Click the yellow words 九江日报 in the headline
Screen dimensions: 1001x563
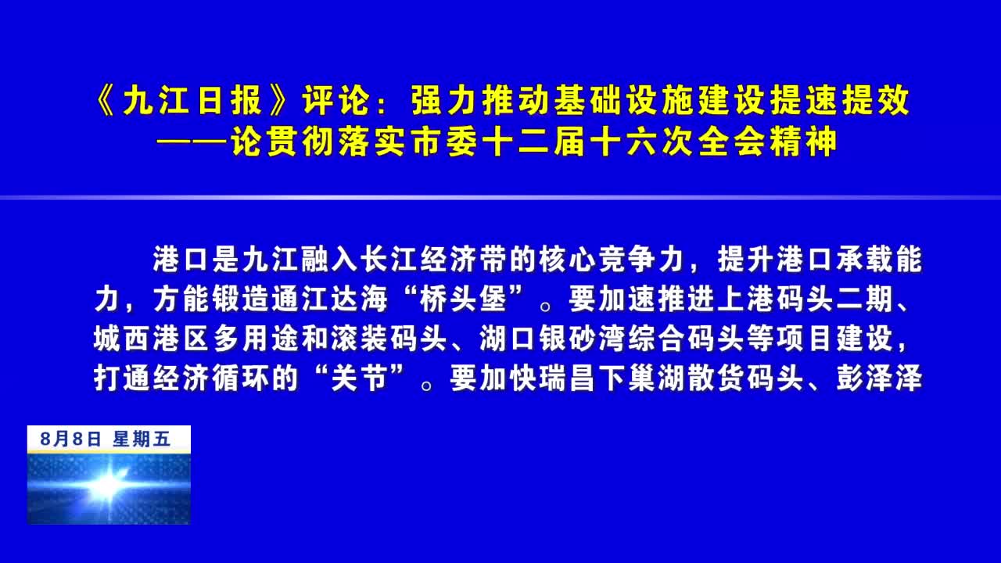point(192,100)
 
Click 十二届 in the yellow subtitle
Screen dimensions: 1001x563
point(533,142)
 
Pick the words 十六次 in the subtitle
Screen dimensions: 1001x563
point(640,142)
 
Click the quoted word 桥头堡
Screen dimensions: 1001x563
point(462,299)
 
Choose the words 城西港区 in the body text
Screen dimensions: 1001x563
point(151,339)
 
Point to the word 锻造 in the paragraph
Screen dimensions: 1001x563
point(240,299)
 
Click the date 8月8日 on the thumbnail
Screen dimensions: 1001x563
point(70,439)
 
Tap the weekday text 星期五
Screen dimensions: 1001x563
point(142,439)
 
